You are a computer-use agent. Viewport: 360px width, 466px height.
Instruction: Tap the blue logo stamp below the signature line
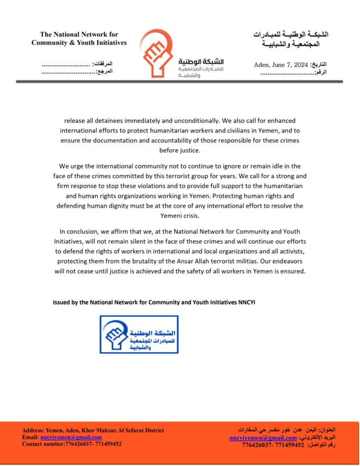(x=139, y=334)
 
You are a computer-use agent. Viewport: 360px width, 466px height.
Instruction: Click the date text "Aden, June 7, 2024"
(x=281, y=65)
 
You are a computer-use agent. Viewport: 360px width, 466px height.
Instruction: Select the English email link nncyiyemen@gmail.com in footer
(x=74, y=437)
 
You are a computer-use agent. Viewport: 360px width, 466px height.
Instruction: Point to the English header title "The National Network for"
(x=79, y=34)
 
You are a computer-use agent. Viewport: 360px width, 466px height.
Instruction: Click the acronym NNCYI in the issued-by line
(x=247, y=302)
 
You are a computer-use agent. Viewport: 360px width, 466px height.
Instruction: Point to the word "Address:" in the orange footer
(x=33, y=431)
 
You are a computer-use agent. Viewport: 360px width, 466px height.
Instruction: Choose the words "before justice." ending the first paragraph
(x=180, y=150)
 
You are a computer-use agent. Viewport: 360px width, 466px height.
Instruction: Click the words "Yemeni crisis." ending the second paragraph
(x=180, y=216)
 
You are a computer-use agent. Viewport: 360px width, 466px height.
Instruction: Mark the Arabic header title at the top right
(x=291, y=39)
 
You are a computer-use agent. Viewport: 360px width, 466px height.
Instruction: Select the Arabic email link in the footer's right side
(x=263, y=437)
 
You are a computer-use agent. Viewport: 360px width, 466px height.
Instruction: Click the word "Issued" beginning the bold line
(x=61, y=302)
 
